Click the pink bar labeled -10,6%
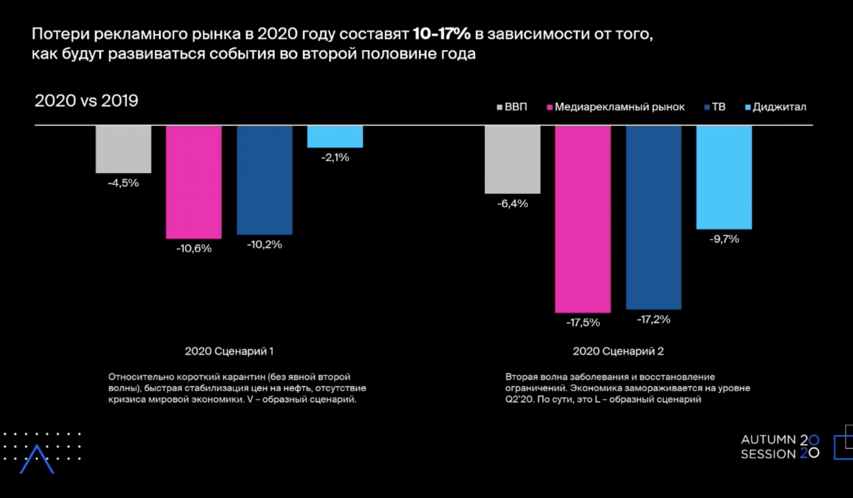point(194,182)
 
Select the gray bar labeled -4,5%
point(123,149)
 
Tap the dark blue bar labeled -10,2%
point(264,180)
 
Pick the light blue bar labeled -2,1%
point(335,137)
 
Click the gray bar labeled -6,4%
point(512,159)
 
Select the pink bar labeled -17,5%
point(583,219)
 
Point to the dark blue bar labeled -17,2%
point(653,217)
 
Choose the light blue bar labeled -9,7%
point(724,177)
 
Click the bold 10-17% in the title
point(441,34)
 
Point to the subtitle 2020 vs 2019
point(86,101)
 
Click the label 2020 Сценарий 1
point(229,351)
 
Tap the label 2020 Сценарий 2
point(618,351)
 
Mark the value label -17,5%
point(583,323)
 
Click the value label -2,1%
point(335,158)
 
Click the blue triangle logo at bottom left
point(37,459)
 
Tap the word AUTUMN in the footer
point(768,439)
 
